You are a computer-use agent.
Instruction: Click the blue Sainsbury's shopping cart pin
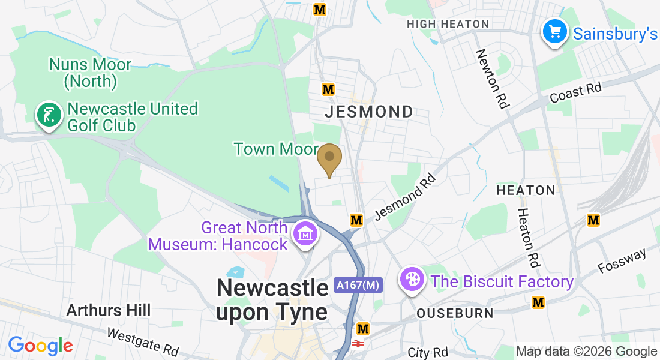click(x=555, y=31)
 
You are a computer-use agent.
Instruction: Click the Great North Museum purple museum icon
click(x=306, y=235)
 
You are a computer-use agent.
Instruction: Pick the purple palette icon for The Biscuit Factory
click(x=413, y=280)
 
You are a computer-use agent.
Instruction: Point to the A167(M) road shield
click(x=358, y=286)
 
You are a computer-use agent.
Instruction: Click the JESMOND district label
click(x=368, y=112)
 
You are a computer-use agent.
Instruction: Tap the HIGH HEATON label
click(x=448, y=24)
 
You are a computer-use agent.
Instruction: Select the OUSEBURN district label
click(x=455, y=313)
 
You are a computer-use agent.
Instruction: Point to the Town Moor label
click(x=276, y=149)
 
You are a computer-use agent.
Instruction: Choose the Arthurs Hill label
click(x=109, y=310)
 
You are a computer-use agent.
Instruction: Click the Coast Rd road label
click(x=576, y=92)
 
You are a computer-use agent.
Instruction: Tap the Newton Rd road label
click(x=492, y=79)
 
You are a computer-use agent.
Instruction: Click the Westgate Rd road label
click(x=143, y=341)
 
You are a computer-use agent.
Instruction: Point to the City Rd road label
click(x=428, y=352)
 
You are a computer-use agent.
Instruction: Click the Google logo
click(x=41, y=346)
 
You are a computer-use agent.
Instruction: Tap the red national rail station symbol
click(x=358, y=344)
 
